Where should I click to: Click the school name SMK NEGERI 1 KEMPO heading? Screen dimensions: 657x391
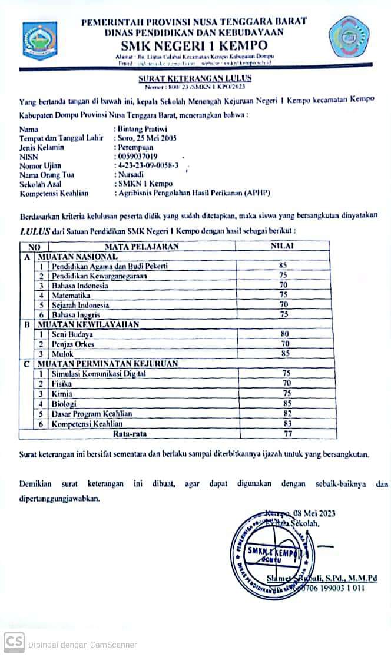tap(194, 45)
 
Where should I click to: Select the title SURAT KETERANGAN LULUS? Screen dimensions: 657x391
tap(195, 78)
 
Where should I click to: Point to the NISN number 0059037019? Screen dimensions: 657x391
tap(138, 157)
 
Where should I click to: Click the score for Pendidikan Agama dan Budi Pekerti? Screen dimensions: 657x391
tap(283, 266)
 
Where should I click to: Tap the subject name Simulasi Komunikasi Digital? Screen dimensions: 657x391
tap(98, 374)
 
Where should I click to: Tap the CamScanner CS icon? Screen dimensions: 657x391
tap(14, 643)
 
